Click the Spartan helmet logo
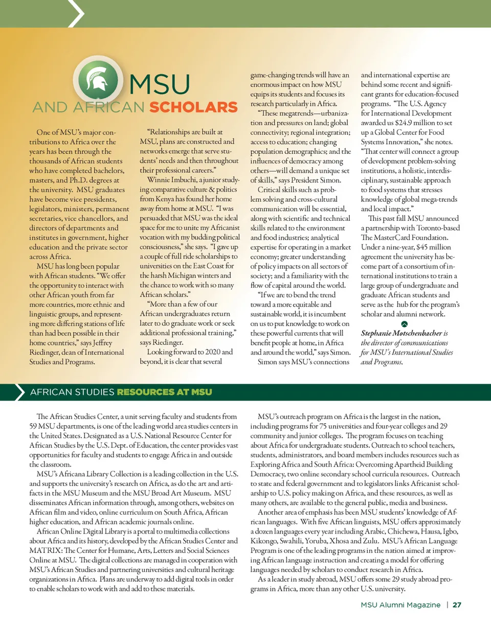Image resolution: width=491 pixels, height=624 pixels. point(97,83)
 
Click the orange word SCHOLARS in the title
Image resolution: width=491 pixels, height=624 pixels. point(193,108)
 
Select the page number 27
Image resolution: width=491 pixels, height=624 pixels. point(457,605)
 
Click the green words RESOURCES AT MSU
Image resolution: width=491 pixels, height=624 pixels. point(164,392)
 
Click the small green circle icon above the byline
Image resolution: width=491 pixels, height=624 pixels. point(404,324)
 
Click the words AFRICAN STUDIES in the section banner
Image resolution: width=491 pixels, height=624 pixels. point(72,392)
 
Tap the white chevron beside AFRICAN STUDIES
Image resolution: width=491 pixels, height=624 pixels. point(20,392)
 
